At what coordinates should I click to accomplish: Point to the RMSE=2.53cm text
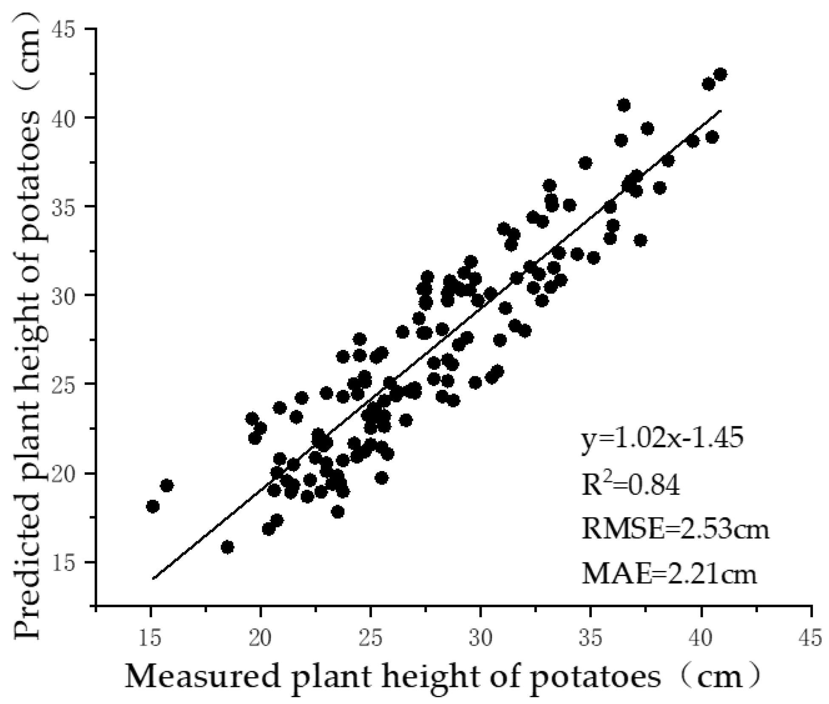coord(675,530)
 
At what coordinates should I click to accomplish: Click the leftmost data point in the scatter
coord(153,507)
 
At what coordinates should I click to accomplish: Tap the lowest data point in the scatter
coord(227,547)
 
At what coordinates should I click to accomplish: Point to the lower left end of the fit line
coord(153,578)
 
